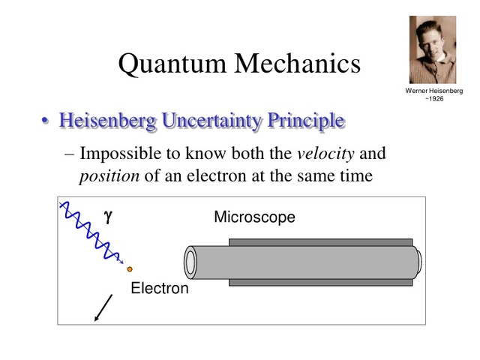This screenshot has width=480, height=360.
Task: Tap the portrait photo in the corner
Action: pos(433,49)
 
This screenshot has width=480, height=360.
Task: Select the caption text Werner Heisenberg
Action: pos(433,91)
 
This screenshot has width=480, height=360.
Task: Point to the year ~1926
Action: pos(433,99)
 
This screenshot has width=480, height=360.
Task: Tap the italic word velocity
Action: pos(325,154)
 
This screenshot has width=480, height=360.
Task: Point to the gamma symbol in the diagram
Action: pos(108,217)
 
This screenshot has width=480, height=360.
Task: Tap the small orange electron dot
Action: pos(130,268)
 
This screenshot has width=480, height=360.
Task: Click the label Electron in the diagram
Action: pos(160,288)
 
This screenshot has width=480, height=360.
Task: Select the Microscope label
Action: pos(254,217)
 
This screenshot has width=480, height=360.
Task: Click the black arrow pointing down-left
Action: pos(103,307)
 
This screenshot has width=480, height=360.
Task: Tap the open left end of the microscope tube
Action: pos(190,262)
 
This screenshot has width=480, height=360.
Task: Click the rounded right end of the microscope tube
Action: pos(417,262)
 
